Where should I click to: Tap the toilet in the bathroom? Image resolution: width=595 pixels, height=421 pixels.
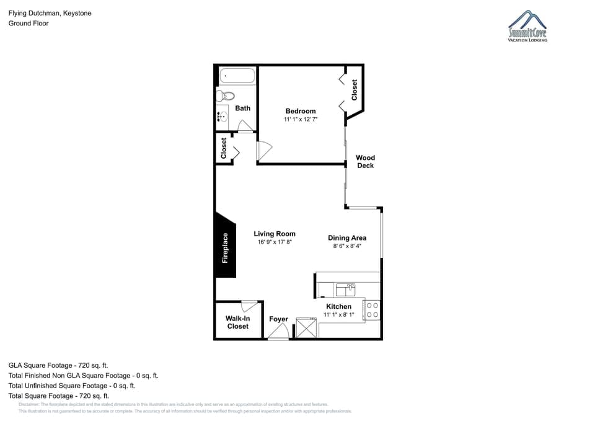click(226, 96)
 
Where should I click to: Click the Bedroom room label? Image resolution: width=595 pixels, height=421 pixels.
click(301, 111)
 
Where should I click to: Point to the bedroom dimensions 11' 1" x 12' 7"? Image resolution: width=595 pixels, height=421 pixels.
click(301, 119)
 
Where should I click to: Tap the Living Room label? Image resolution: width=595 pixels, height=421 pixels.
click(275, 234)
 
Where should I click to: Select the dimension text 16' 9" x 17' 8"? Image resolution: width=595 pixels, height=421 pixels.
click(275, 242)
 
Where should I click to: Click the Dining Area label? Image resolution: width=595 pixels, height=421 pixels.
click(347, 237)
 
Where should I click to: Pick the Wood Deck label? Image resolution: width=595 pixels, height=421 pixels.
click(365, 161)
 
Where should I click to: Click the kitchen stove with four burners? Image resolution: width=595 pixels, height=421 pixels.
click(372, 310)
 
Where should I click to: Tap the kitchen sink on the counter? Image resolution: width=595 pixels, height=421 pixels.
click(345, 289)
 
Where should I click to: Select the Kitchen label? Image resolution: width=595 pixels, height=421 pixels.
click(339, 306)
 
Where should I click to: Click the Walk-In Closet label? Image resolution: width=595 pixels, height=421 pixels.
click(238, 322)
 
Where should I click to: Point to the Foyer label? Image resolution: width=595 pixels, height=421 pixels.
click(278, 319)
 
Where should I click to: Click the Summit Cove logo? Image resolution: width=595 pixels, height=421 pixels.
click(527, 27)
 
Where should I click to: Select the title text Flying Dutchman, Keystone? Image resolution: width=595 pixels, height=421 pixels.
click(50, 13)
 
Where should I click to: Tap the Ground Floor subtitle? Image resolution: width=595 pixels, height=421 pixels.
click(29, 23)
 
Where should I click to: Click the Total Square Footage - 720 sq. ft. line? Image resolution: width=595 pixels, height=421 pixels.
click(59, 396)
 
